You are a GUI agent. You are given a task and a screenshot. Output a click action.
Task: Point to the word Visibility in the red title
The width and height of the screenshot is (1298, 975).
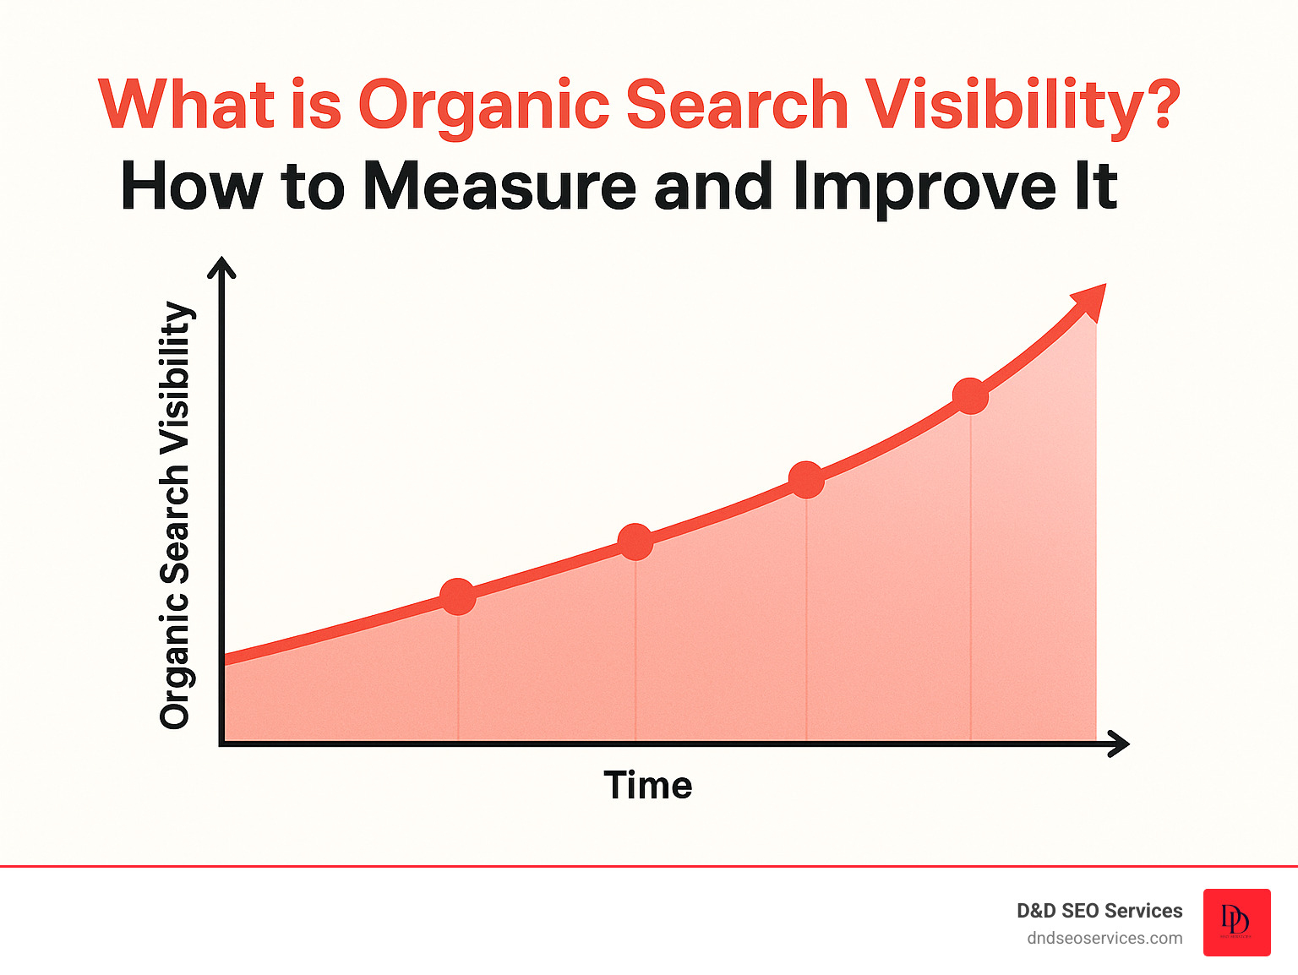click(1006, 106)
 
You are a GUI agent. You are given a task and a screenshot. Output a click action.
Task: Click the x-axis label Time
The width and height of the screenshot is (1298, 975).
click(647, 786)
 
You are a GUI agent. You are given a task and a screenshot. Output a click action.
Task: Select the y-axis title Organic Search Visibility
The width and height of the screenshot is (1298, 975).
click(176, 515)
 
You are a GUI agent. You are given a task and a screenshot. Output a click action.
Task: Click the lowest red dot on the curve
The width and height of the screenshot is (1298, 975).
click(458, 596)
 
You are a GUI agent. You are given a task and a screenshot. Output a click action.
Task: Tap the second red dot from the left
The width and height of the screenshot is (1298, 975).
click(635, 542)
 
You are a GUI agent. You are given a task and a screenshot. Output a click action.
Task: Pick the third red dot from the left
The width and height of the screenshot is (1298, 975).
click(806, 480)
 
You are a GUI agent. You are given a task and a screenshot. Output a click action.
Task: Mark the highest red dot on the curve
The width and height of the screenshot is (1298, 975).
click(970, 396)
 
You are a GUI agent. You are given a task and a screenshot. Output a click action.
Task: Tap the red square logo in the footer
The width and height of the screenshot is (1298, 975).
click(1236, 922)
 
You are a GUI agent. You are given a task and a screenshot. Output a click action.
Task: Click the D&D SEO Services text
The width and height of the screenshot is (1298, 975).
click(1099, 911)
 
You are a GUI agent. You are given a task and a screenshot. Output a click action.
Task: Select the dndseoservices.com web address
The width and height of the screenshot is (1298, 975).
click(1104, 939)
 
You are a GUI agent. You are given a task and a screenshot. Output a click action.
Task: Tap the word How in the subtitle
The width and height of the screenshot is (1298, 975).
click(191, 187)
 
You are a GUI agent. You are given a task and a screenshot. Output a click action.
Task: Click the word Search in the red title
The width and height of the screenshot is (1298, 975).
click(736, 105)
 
